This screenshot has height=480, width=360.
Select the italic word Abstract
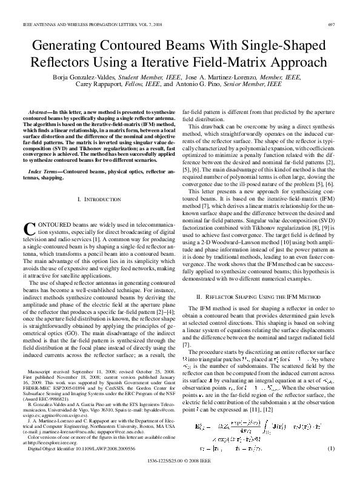(39, 113)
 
